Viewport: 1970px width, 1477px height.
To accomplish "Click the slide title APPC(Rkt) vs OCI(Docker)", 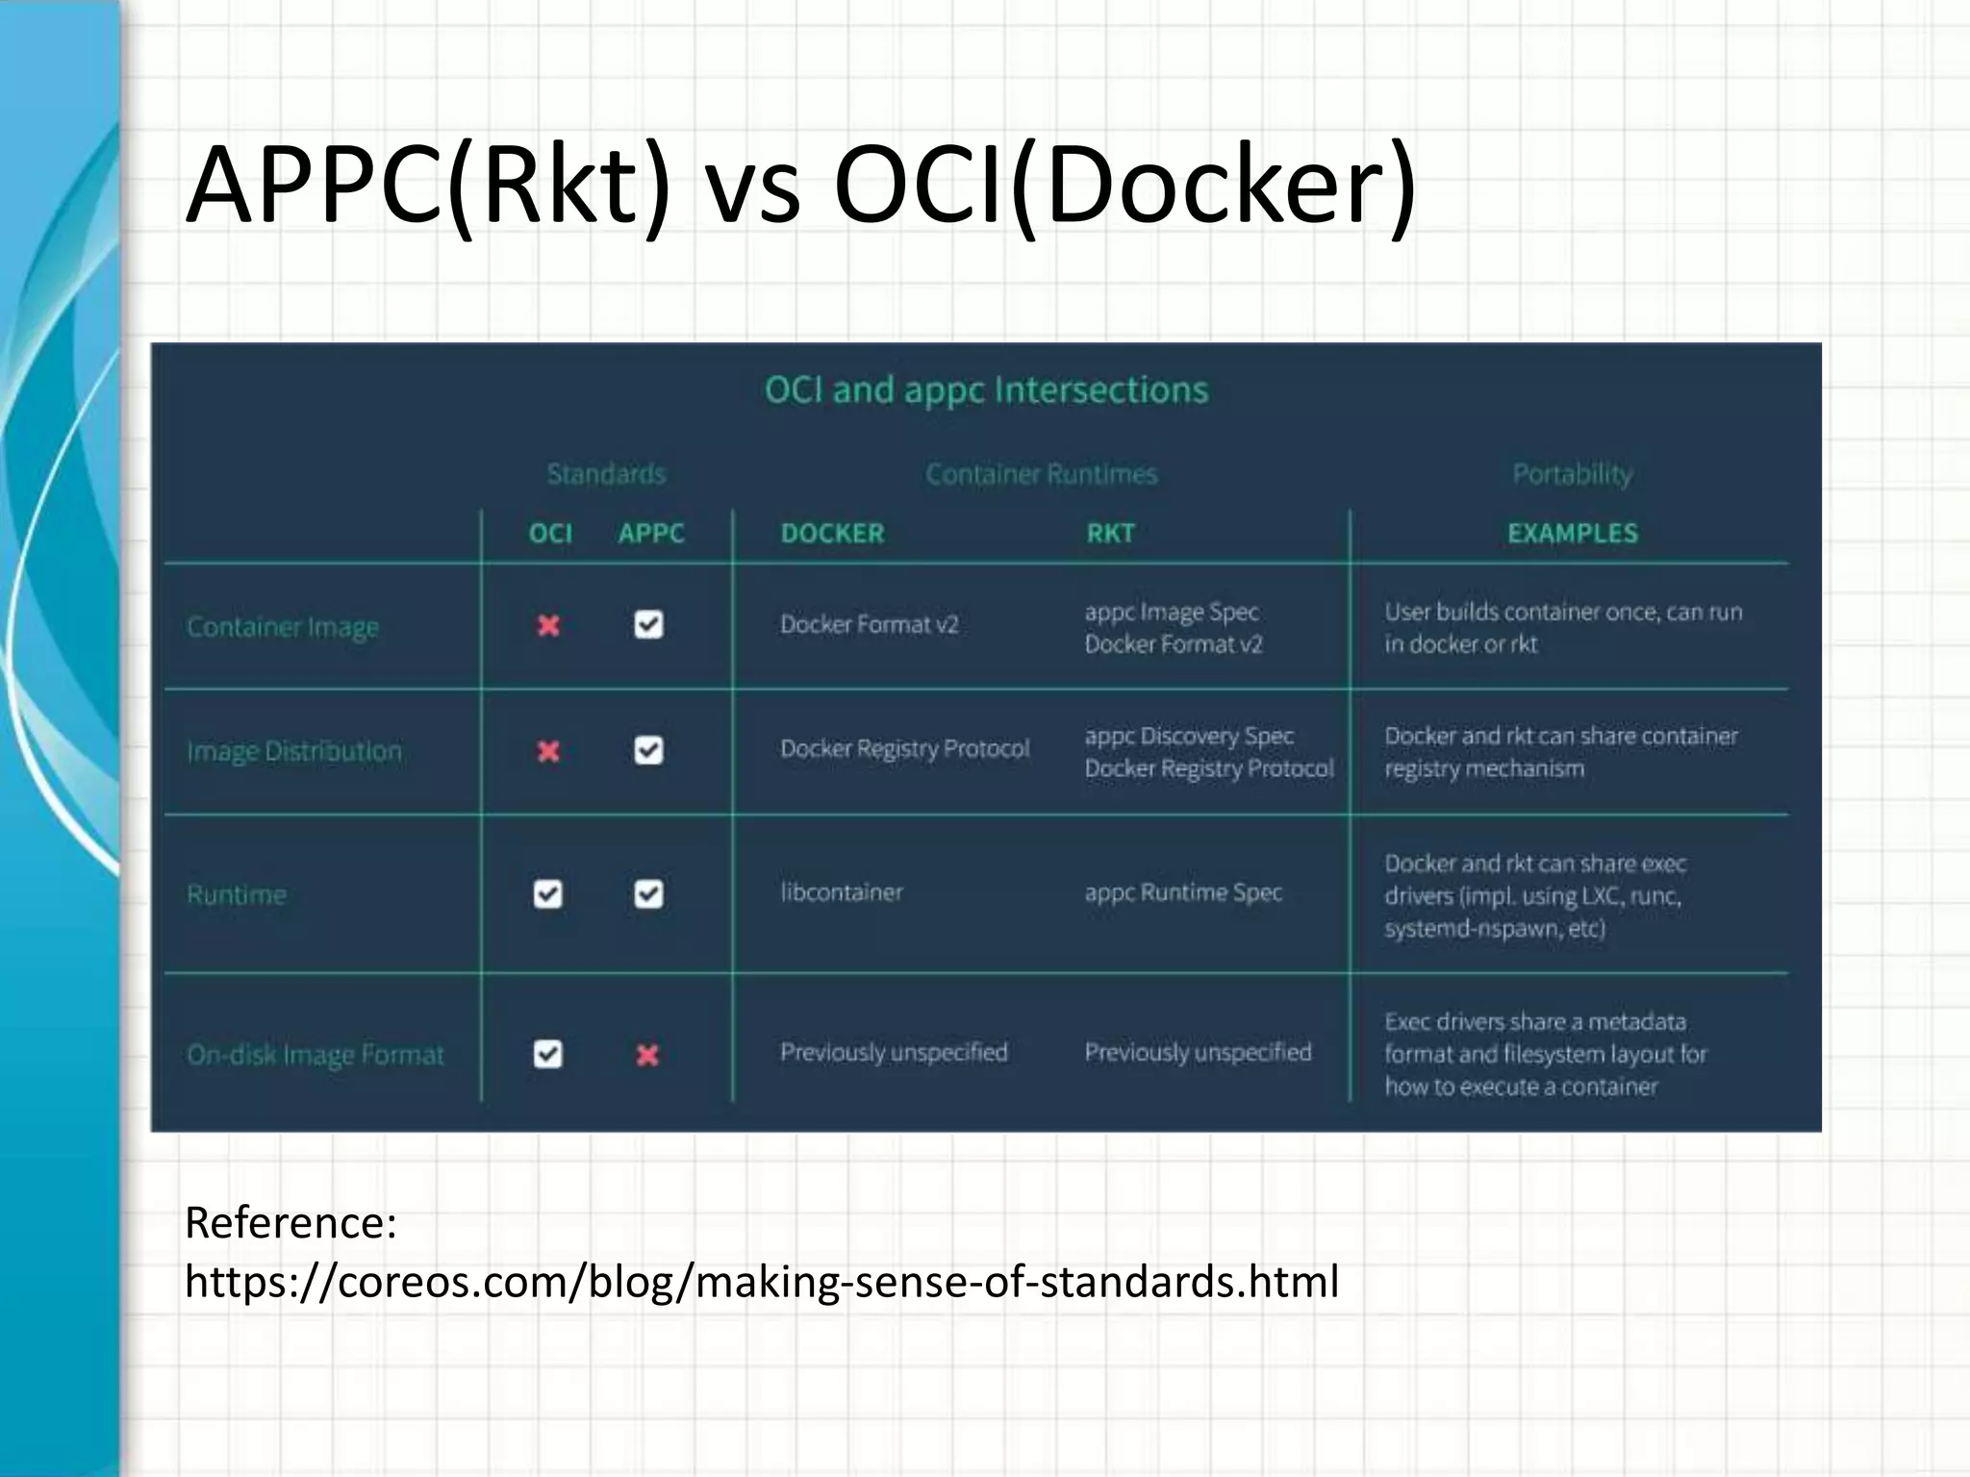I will pos(800,185).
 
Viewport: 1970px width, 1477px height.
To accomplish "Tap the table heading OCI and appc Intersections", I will pos(986,390).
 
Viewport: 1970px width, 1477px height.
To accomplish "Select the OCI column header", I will pos(550,533).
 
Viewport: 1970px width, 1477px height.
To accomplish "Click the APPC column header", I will pos(651,533).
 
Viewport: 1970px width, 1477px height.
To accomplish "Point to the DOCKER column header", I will pos(832,533).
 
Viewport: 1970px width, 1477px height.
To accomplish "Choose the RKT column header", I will pos(1111,533).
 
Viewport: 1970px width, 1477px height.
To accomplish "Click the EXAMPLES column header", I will pos(1572,533).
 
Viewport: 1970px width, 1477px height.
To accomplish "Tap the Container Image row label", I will pos(283,627).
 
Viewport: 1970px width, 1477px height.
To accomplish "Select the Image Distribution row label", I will pos(294,751).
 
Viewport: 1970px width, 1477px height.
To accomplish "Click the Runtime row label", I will pos(237,895).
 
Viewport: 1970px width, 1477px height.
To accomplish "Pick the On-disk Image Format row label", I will pos(316,1055).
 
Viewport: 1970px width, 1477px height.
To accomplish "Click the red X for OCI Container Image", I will pos(548,626).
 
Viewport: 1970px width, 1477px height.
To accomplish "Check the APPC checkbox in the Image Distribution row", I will pos(648,750).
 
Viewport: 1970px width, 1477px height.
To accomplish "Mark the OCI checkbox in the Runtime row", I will pos(548,894).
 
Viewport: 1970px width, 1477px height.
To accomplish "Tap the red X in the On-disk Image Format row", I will pos(647,1056).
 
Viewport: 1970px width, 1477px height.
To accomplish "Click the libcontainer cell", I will pos(842,892).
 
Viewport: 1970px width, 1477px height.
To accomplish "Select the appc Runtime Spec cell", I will pos(1183,892).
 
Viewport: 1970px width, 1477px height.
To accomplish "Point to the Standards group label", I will pos(606,474).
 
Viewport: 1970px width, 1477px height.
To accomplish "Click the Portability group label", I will pos(1572,474).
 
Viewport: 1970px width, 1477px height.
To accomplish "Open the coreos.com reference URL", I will pos(761,1282).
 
